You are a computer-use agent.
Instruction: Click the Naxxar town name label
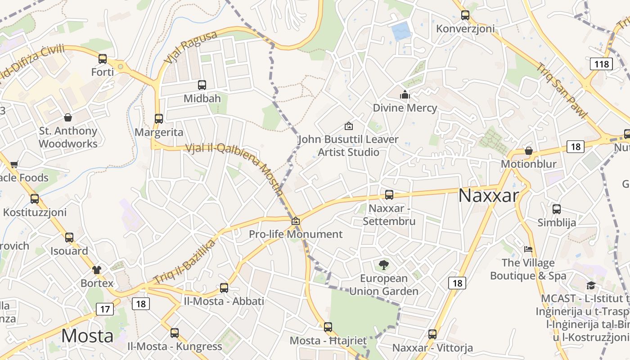pos(488,196)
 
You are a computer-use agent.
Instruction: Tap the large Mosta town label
pos(87,336)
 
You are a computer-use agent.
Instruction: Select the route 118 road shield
pos(601,64)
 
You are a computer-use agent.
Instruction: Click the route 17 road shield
pos(104,309)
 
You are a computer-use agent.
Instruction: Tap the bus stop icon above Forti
pos(103,59)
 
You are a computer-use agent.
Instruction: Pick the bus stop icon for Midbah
pos(202,85)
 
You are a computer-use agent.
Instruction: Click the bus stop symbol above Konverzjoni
pos(465,15)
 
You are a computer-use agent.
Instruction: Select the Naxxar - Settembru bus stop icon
pos(389,195)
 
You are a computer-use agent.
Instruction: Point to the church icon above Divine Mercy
pos(405,95)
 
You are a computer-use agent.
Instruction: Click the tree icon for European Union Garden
pos(384,265)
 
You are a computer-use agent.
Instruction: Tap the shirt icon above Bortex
pos(97,270)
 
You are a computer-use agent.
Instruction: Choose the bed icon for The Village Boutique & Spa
pos(528,249)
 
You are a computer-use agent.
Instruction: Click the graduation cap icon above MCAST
pos(591,285)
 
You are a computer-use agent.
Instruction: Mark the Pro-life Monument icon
pos(296,221)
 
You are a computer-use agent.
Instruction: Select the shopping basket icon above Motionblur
pos(529,151)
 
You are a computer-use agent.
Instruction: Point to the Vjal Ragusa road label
pos(191,47)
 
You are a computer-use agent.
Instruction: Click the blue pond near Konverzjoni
pos(400,31)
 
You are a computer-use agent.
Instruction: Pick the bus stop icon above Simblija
pos(557,209)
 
